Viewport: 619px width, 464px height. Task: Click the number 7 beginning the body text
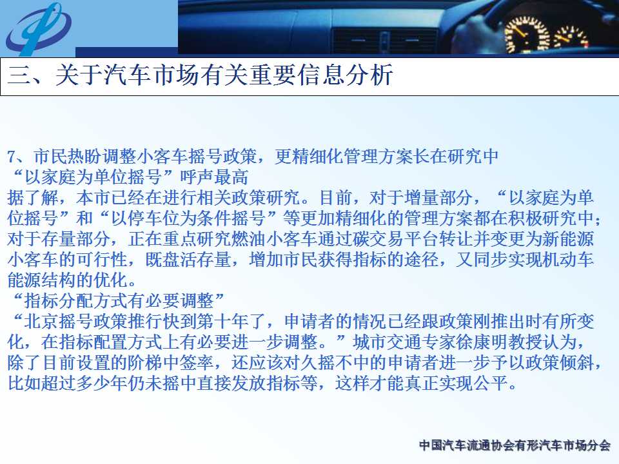pos(11,157)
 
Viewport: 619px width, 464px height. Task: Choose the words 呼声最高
pos(214,177)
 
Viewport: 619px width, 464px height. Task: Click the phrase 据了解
pos(33,198)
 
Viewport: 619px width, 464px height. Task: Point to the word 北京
pos(41,321)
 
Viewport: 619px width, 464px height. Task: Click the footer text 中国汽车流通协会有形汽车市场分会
pos(515,445)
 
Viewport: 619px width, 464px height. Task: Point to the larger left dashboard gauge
pos(527,35)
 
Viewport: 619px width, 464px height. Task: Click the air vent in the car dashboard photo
pos(384,40)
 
